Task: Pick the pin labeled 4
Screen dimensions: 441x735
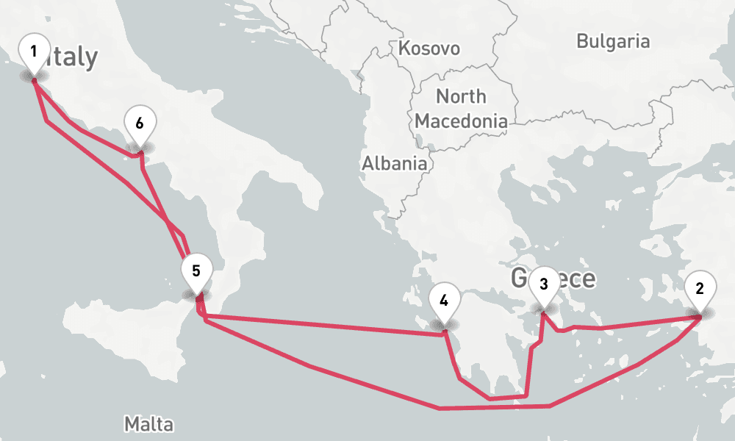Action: point(444,302)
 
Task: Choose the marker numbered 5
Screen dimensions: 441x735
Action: point(196,271)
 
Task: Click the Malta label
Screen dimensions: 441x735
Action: point(148,424)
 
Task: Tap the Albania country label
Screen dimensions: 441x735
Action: point(394,163)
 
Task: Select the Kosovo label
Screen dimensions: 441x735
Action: point(429,49)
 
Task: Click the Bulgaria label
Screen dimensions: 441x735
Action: point(613,41)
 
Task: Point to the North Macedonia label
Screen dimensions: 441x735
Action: point(461,108)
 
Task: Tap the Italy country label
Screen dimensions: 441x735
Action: point(71,57)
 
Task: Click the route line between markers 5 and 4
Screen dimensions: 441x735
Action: point(323,326)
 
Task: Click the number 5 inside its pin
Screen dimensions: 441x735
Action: point(196,270)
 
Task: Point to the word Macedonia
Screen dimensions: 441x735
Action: point(461,120)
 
